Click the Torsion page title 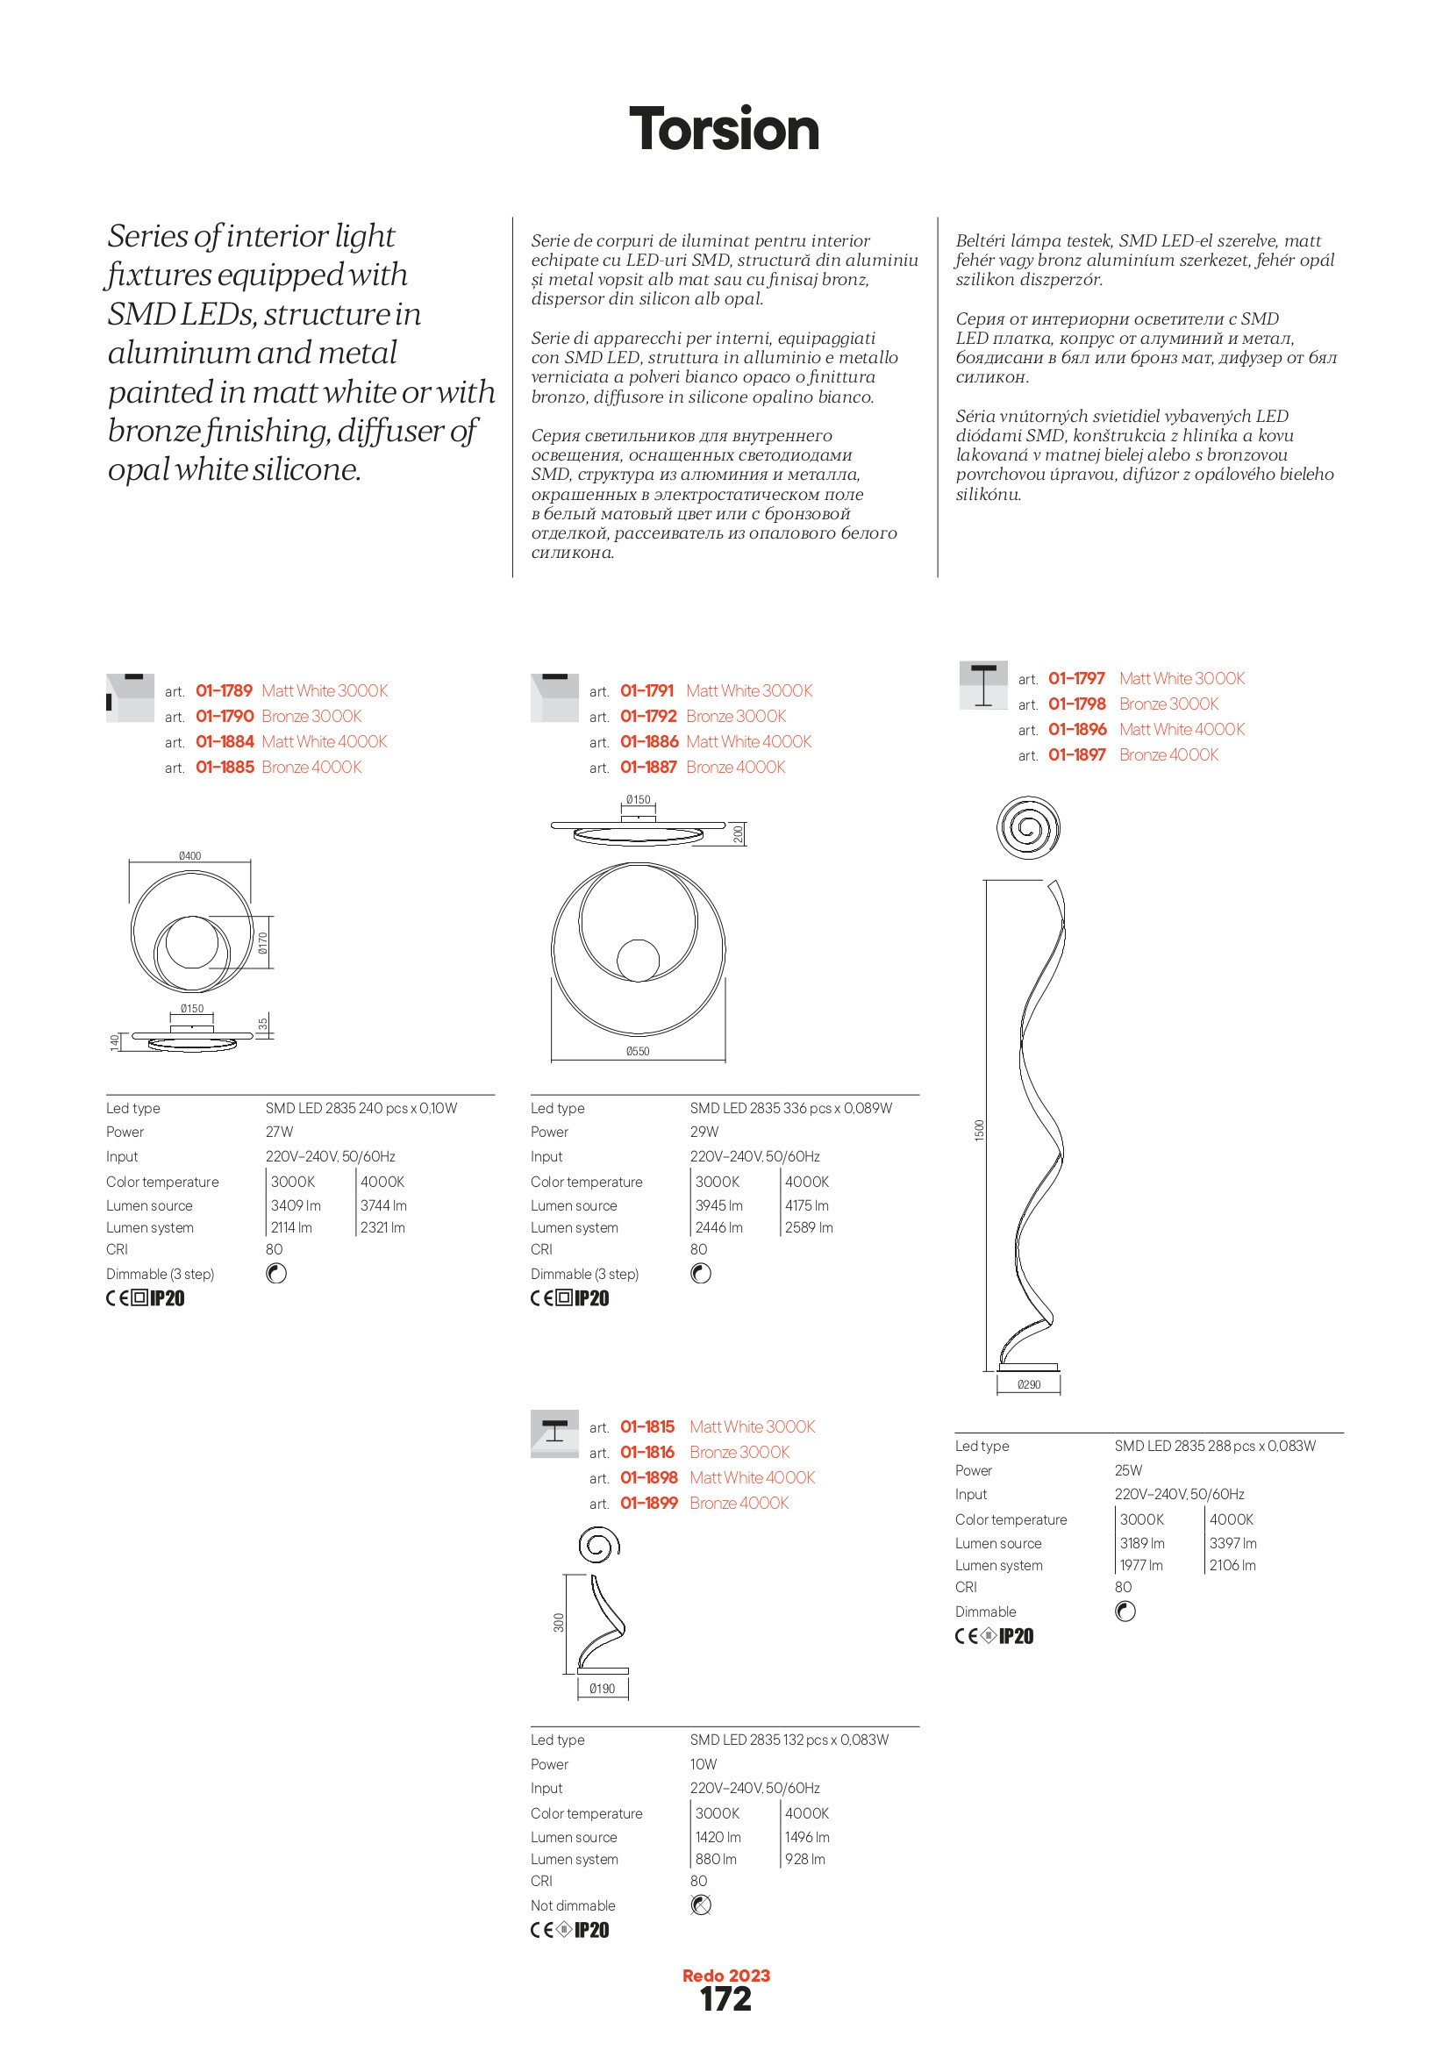click(x=724, y=129)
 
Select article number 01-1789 click(x=225, y=690)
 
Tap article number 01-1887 click(x=648, y=767)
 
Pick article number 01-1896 click(x=1076, y=729)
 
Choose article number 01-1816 click(x=646, y=1452)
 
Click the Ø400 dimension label click(x=189, y=856)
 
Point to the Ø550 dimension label click(x=637, y=1052)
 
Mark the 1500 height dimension click(x=979, y=1130)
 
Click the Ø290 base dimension click(x=1028, y=1384)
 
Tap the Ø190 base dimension click(x=602, y=1689)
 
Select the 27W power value click(x=279, y=1132)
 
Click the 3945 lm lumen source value click(x=719, y=1205)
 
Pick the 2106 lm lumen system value click(x=1232, y=1565)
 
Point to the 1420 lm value click(x=718, y=1837)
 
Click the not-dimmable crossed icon click(x=702, y=1905)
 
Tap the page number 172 click(x=725, y=1998)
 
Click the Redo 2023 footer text click(x=725, y=1975)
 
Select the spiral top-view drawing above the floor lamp click(x=1028, y=826)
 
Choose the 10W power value click(x=704, y=1764)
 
